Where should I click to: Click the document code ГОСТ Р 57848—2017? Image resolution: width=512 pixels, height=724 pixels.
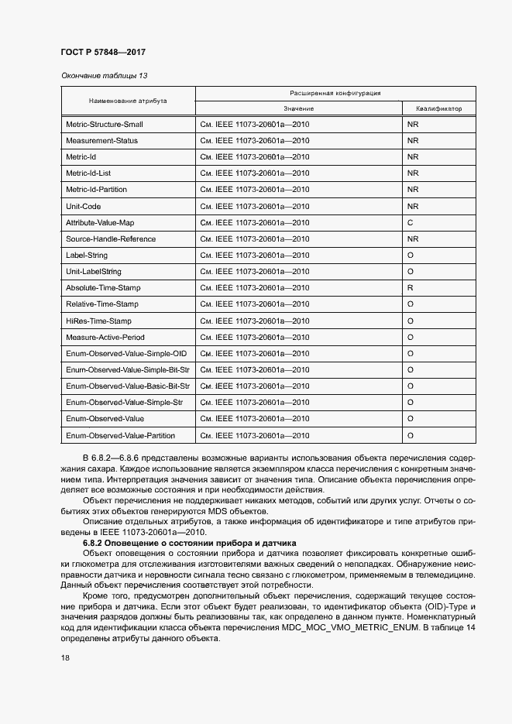point(103,52)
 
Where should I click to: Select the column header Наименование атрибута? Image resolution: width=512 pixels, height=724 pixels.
point(128,101)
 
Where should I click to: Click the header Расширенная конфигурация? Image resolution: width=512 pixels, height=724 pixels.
point(335,93)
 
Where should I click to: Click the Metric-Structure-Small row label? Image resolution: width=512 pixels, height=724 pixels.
point(104,125)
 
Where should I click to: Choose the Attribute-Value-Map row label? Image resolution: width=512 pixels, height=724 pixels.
point(100,223)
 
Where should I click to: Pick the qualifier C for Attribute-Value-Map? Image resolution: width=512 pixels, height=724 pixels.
point(410,223)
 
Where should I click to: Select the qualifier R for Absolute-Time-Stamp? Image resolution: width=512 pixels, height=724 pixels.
point(410,288)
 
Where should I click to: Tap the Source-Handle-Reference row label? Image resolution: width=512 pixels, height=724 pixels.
point(111,239)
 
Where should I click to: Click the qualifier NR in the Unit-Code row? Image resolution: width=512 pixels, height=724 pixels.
point(412,207)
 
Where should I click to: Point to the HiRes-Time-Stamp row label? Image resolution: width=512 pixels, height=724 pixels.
point(98,321)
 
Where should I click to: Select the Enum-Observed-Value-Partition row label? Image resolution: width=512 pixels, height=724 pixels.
point(120,436)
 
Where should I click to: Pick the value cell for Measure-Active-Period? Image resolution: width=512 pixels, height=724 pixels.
point(255,338)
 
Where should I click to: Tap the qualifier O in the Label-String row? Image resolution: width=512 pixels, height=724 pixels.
point(410,256)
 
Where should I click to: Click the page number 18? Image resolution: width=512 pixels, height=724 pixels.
point(65,657)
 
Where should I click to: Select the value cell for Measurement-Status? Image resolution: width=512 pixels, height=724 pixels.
point(255,141)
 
